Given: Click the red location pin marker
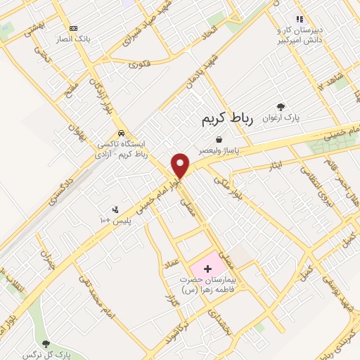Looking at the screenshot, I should coord(181,165).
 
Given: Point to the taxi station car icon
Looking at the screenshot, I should coord(122,131).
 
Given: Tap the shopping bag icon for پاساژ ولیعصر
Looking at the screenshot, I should coord(219,139).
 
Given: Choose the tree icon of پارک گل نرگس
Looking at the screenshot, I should coord(46,344).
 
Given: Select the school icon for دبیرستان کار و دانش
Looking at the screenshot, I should coord(300,20).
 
